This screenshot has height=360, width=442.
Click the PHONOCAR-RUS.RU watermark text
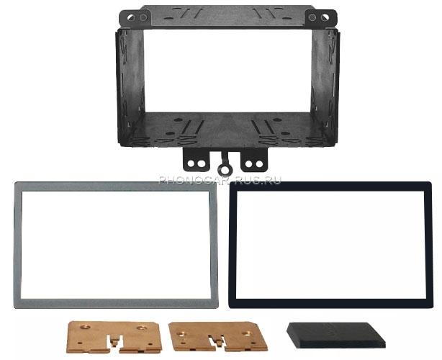220,180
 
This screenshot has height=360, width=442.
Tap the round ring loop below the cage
225,169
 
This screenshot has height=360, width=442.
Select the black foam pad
335,335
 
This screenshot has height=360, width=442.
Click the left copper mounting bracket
114,337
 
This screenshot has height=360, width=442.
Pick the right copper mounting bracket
218,337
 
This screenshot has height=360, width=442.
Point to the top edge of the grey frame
116,186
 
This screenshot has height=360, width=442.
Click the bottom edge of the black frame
330,303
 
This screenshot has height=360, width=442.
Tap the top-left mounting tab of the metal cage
135,18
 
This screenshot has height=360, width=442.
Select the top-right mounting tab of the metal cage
320,18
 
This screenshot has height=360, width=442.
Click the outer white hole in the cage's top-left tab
130,18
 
